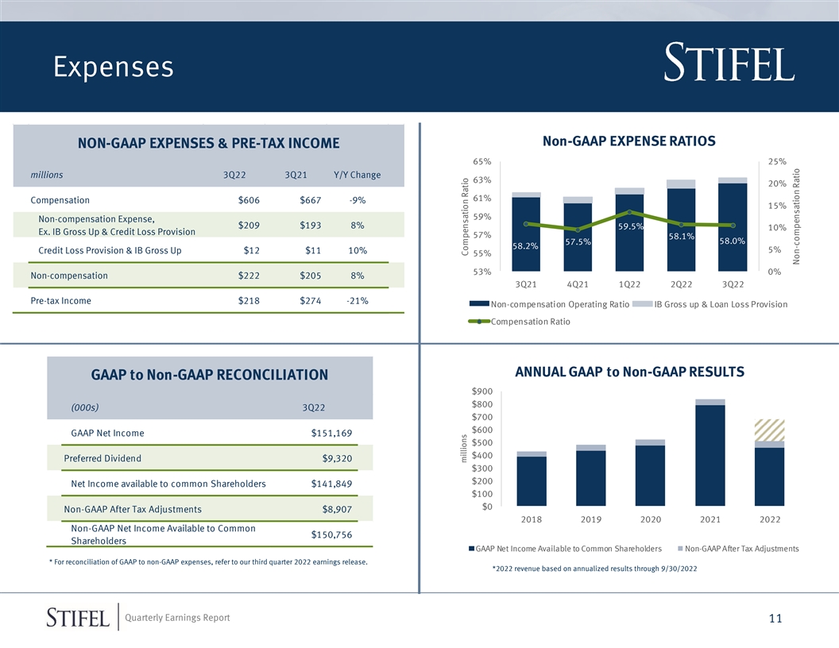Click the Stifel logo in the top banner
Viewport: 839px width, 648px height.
click(729, 63)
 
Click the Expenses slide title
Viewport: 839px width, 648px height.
click(114, 67)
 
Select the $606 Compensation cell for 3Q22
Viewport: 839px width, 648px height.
click(249, 200)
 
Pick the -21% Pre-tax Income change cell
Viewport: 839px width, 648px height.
click(358, 300)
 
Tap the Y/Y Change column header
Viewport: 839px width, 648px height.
click(357, 175)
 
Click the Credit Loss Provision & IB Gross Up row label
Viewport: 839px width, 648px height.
click(110, 250)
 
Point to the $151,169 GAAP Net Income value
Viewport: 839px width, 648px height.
click(331, 433)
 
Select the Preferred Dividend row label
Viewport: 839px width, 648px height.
click(102, 458)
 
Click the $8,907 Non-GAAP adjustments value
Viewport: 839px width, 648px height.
click(337, 509)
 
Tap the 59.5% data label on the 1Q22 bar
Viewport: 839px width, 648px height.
click(631, 226)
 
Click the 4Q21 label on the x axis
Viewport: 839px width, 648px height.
click(578, 284)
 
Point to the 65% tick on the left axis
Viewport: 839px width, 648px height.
click(481, 161)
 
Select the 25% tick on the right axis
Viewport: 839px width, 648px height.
click(777, 161)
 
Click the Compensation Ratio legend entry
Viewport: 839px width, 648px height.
click(519, 322)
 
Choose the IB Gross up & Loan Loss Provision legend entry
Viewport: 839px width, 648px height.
click(710, 304)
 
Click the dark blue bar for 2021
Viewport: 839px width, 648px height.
click(710, 455)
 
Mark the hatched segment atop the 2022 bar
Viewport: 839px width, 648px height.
click(769, 430)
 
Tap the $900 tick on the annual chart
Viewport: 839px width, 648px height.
click(481, 391)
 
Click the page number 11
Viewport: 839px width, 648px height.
click(775, 619)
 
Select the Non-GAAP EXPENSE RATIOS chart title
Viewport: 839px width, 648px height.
click(628, 141)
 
